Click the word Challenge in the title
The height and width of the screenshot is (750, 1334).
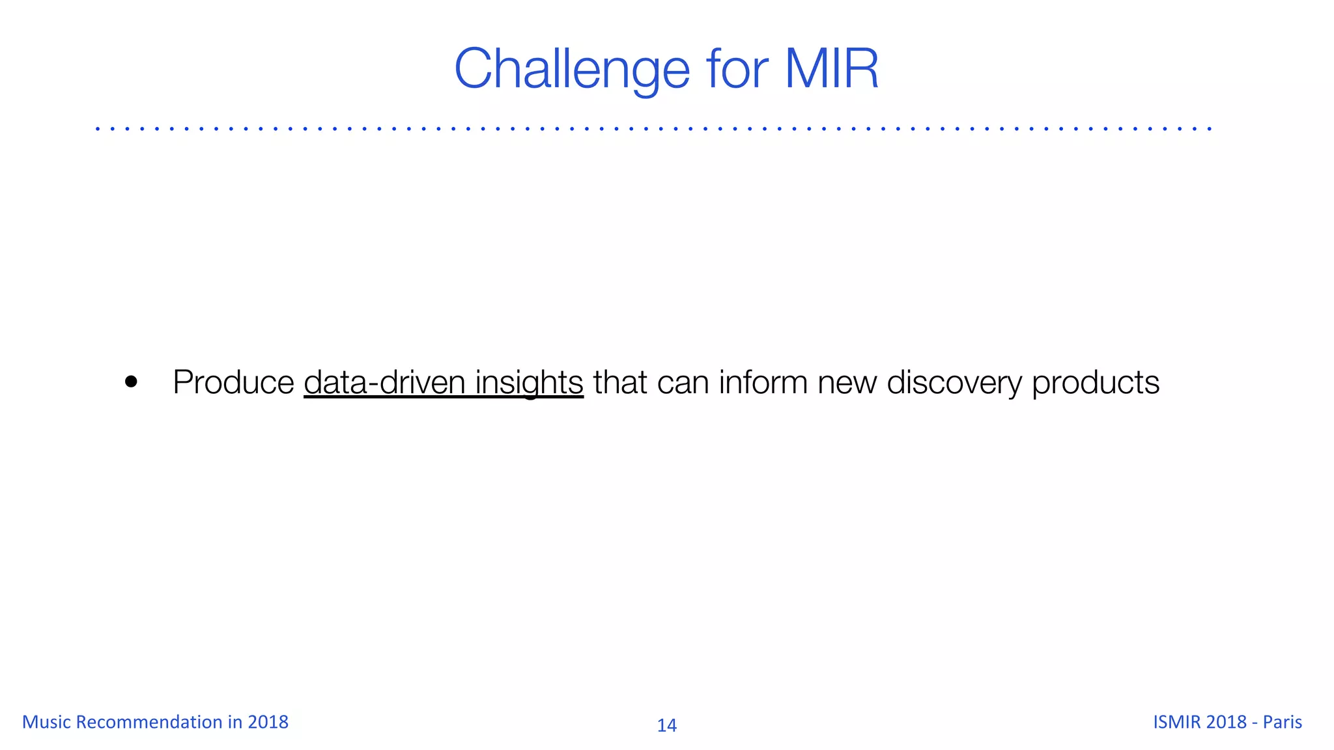(572, 69)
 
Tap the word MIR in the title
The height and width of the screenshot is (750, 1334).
(832, 69)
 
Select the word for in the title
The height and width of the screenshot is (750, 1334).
(737, 69)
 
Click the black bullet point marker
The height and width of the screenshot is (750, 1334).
(131, 382)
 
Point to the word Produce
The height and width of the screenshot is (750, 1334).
(233, 382)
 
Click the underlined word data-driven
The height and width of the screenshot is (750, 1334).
(384, 382)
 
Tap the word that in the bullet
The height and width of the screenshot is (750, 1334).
(619, 382)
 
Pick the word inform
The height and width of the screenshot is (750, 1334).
(763, 382)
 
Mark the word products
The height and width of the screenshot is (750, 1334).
(1096, 382)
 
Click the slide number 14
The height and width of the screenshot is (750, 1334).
(666, 725)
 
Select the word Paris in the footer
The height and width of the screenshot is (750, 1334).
(1282, 722)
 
